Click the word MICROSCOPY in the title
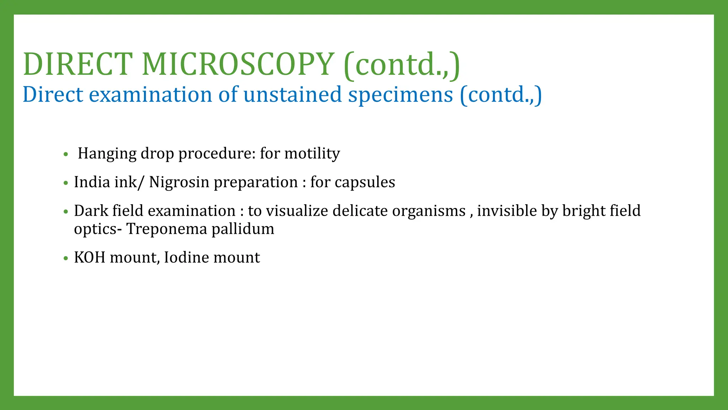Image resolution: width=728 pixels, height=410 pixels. [238, 64]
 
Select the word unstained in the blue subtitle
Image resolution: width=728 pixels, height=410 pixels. [292, 95]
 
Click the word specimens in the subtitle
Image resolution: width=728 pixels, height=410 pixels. [401, 95]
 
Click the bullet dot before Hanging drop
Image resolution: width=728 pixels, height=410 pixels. [65, 154]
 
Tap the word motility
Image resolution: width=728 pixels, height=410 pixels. [312, 154]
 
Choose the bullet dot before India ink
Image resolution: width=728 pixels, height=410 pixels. [65, 183]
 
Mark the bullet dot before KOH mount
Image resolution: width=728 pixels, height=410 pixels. [65, 258]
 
